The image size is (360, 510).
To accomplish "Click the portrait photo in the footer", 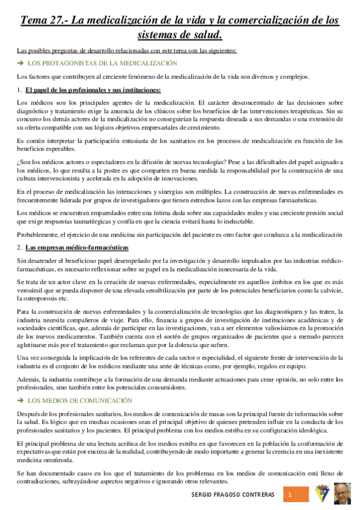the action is [344, 494].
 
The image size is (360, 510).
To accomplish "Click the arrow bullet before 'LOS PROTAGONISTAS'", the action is [20, 63].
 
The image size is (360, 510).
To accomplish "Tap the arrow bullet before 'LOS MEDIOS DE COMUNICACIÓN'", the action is [20, 384].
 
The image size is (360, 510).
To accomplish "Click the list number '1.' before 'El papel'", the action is [20, 90].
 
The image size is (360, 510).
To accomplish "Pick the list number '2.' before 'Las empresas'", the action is [20, 247].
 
